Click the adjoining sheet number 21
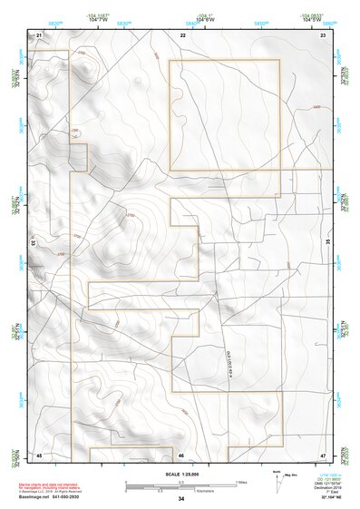pyautogui.click(x=39, y=34)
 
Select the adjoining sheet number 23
pyautogui.click(x=323, y=34)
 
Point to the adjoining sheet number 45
pyautogui.click(x=39, y=455)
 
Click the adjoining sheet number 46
pyautogui.click(x=181, y=455)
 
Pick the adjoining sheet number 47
pyautogui.click(x=323, y=455)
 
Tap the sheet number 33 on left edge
pyautogui.click(x=34, y=243)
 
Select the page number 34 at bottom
pyautogui.click(x=181, y=499)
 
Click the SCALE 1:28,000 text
pyautogui.click(x=181, y=473)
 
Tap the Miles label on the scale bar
pyautogui.click(x=241, y=481)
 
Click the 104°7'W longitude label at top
pyautogui.click(x=99, y=21)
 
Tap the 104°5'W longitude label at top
pyautogui.click(x=311, y=21)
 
